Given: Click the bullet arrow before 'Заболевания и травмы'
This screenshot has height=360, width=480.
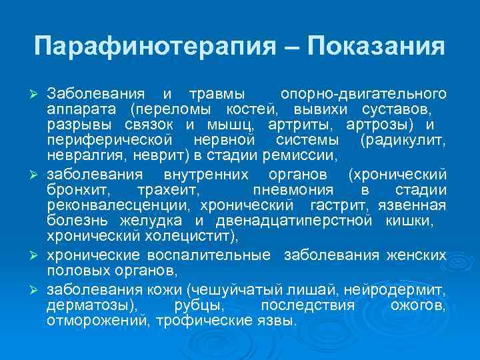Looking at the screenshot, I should point(37,92).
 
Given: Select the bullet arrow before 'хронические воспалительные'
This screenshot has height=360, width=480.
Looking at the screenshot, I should point(37,257).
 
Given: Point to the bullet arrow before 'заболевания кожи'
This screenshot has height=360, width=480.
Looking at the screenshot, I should point(37,289).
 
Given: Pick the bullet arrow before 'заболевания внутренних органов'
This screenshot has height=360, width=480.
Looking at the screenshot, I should point(37,175).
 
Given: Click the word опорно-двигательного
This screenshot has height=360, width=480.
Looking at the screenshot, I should point(363,92).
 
